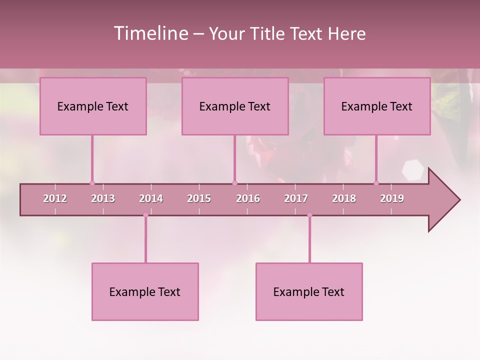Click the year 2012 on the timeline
click(x=55, y=198)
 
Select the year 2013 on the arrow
click(x=103, y=198)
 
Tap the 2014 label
click(x=151, y=198)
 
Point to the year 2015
click(x=199, y=198)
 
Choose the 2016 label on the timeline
click(x=248, y=198)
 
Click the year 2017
click(x=296, y=198)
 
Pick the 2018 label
click(x=344, y=198)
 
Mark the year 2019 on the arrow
click(x=392, y=198)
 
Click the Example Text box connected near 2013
click(x=93, y=106)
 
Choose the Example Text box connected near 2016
click(x=235, y=106)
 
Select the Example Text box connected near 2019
click(x=377, y=106)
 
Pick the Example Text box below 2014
click(x=145, y=291)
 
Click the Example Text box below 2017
click(x=309, y=291)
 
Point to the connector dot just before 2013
click(x=92, y=183)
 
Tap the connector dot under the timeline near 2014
click(x=145, y=215)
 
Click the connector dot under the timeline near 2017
click(x=309, y=215)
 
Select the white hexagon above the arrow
click(x=413, y=170)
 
